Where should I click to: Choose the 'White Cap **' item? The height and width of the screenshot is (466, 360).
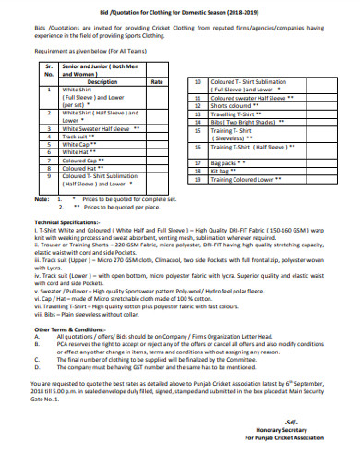(x=78, y=144)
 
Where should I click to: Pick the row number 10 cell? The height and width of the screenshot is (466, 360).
(x=198, y=81)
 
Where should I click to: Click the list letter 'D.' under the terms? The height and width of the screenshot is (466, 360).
(x=36, y=366)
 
